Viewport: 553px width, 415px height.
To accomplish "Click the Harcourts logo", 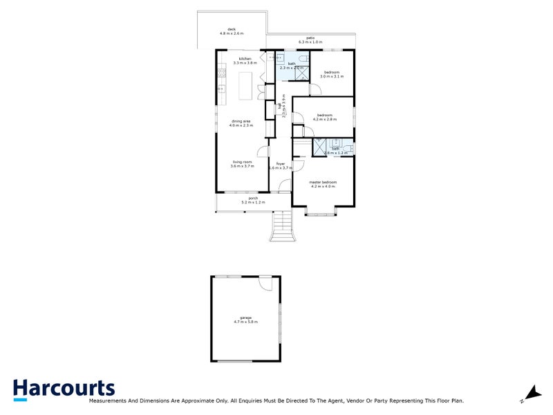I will pyautogui.click(x=64, y=389).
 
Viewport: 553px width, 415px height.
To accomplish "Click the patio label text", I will pyautogui.click(x=310, y=40).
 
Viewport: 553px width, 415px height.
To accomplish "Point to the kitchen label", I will pyautogui.click(x=245, y=60).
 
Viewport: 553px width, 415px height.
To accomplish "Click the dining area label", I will pyautogui.click(x=241, y=123).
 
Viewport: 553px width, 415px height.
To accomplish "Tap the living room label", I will pyautogui.click(x=243, y=164).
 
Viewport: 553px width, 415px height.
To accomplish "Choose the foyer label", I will pyautogui.click(x=280, y=165).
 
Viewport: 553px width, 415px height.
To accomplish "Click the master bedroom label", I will pyautogui.click(x=323, y=183).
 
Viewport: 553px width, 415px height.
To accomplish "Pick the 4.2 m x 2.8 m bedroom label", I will pyautogui.click(x=325, y=117).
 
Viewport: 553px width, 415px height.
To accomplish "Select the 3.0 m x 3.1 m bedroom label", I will pyautogui.click(x=332, y=74).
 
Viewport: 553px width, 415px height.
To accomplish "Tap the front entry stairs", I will pyautogui.click(x=282, y=225).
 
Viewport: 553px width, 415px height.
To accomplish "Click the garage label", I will pyautogui.click(x=246, y=320).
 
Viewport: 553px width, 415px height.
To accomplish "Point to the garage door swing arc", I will pyautogui.click(x=266, y=284).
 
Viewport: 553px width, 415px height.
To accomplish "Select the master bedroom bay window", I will pyautogui.click(x=321, y=211).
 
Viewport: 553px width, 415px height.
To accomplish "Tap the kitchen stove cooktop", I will pyautogui.click(x=221, y=71).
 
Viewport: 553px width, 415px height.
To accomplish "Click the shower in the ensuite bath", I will pyautogui.click(x=320, y=147).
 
